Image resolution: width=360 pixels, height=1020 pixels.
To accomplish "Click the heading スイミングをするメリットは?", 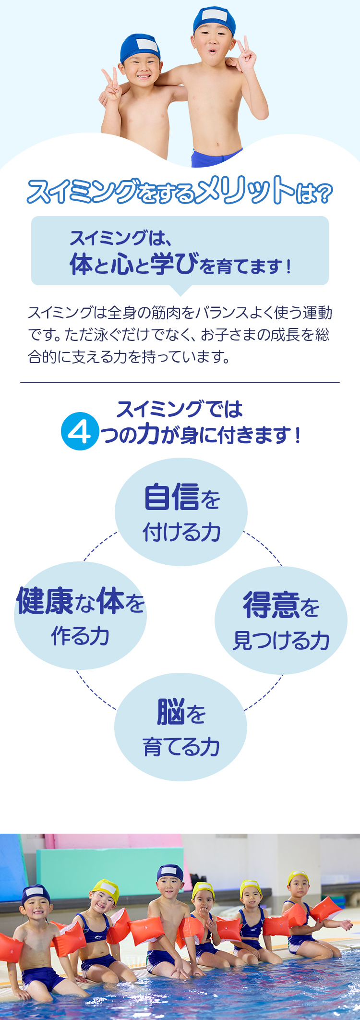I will click(x=180, y=191).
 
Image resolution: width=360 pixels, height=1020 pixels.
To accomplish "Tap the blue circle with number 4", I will click(x=80, y=432).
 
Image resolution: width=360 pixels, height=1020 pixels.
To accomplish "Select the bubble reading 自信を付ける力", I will click(x=181, y=512).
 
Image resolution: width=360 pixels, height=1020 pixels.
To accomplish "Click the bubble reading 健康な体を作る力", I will click(x=80, y=616).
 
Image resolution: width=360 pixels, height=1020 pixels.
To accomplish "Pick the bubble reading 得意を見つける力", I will click(x=281, y=620).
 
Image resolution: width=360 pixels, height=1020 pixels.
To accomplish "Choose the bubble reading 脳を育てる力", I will click(x=181, y=727).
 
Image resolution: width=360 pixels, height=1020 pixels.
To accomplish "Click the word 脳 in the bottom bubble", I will click(x=171, y=712).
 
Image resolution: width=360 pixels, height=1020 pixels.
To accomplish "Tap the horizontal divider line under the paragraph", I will click(x=180, y=383).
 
